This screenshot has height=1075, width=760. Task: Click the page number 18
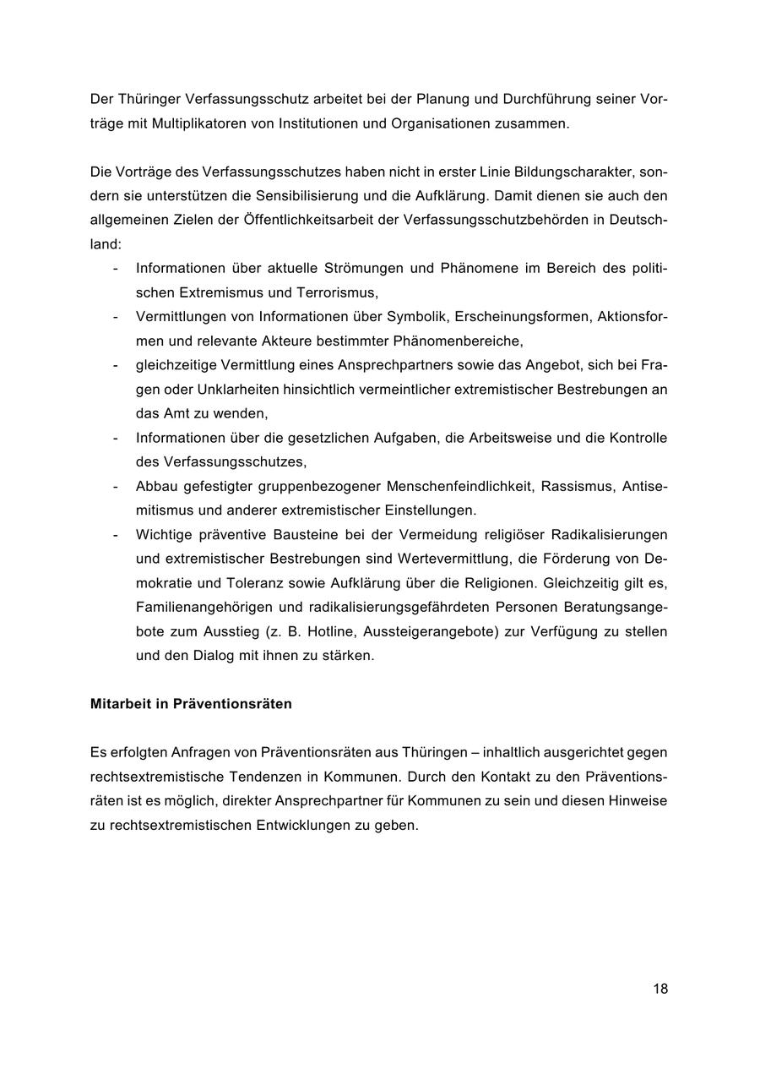tap(660, 988)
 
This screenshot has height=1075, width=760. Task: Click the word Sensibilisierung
tap(312, 196)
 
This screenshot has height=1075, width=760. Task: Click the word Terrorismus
tap(336, 292)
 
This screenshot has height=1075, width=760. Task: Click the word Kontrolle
tap(638, 438)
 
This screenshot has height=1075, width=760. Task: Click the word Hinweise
tap(638, 799)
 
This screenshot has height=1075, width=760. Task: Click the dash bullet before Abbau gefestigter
tap(114, 486)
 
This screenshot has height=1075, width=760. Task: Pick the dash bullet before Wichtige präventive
tap(114, 534)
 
